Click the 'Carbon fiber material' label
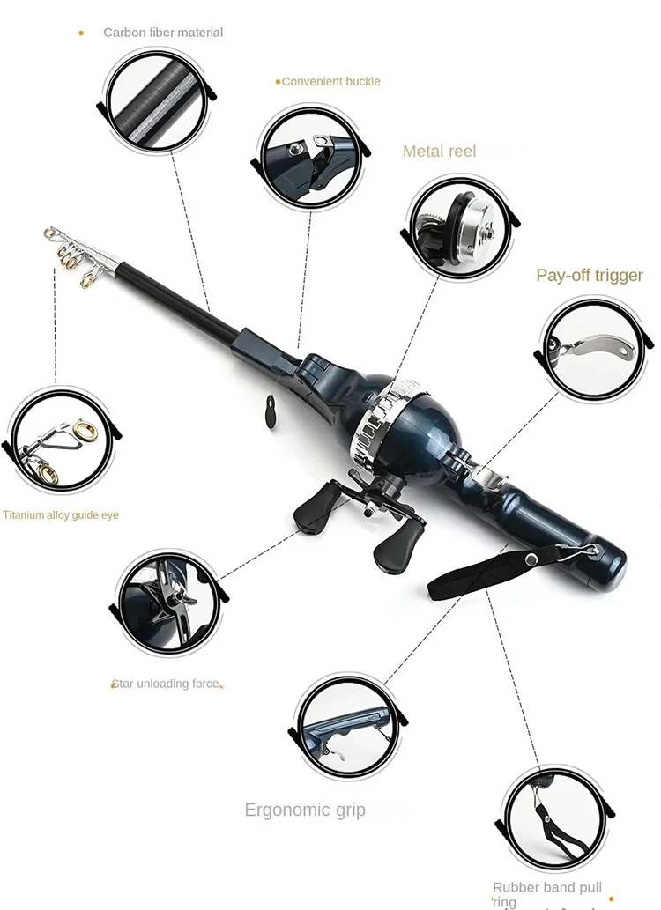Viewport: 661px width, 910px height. (163, 33)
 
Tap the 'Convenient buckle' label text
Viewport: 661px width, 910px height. (330, 81)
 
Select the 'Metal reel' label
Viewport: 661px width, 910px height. (439, 152)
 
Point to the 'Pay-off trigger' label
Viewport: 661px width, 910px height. (590, 276)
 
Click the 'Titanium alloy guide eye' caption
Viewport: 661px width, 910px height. (60, 515)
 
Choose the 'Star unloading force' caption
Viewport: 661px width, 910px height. (166, 684)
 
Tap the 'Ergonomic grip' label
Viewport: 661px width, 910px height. (305, 810)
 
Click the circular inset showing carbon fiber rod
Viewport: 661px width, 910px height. (156, 100)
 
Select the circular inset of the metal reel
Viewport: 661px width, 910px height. (455, 224)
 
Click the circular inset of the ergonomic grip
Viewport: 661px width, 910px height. (346, 724)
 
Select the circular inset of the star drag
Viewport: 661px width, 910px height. (170, 603)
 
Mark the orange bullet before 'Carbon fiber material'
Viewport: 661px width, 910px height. (81, 33)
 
